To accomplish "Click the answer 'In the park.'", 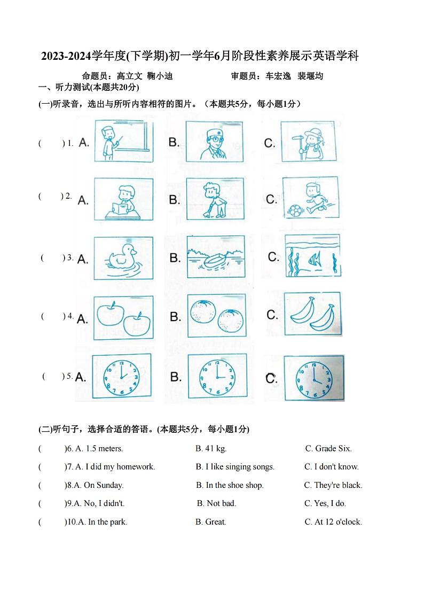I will click(107, 522).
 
